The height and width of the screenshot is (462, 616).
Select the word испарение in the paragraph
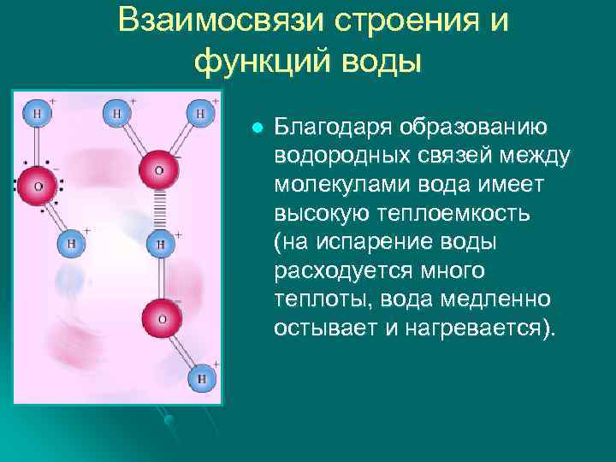369,243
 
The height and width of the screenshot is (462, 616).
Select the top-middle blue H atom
116,112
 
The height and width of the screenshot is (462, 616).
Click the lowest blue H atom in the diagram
202,377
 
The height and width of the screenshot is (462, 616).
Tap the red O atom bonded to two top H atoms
158,169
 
